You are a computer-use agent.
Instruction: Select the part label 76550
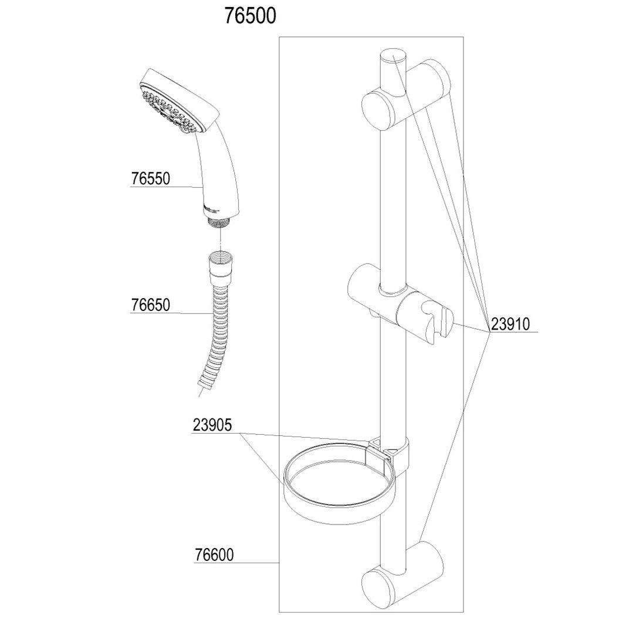[150, 178]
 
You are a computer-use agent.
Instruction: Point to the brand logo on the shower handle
[211, 207]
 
